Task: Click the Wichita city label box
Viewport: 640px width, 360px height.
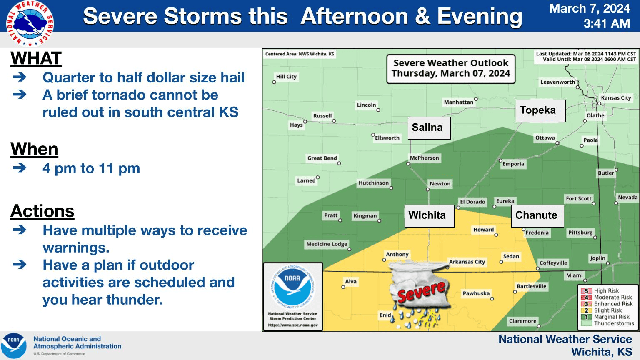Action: click(x=430, y=216)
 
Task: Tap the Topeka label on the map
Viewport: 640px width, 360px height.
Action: click(x=540, y=111)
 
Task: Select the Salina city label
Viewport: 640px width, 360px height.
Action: click(x=429, y=128)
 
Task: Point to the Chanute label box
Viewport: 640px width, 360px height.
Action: click(x=537, y=216)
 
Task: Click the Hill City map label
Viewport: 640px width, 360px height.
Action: click(x=286, y=77)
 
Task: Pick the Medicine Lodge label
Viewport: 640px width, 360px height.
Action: click(x=327, y=244)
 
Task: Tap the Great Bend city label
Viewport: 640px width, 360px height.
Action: click(x=322, y=158)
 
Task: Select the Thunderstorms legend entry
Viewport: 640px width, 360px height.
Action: click(x=607, y=323)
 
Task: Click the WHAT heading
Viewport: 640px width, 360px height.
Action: click(x=36, y=58)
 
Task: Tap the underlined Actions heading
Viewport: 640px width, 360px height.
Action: click(x=42, y=211)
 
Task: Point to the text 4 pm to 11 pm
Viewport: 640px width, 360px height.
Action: click(x=91, y=168)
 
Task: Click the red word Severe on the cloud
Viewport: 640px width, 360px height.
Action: click(x=421, y=291)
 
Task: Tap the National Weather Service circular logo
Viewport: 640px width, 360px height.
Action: click(x=30, y=23)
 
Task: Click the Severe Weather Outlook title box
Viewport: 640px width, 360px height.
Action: click(x=451, y=69)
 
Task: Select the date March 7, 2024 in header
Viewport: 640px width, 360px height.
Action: click(x=590, y=9)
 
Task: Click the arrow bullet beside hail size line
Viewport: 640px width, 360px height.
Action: click(x=20, y=77)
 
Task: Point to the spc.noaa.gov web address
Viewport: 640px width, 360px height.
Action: click(x=293, y=325)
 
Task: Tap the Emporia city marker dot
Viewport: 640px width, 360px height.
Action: click(x=500, y=160)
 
